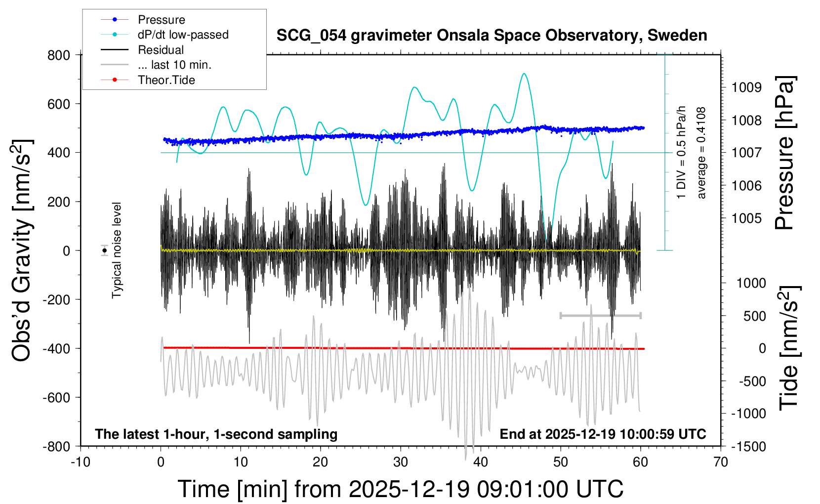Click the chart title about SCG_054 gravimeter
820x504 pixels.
click(x=492, y=36)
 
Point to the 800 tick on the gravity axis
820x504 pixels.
click(x=59, y=55)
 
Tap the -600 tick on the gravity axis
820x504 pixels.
click(x=56, y=397)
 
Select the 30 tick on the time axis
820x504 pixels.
click(x=401, y=462)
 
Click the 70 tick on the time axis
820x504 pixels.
click(x=721, y=462)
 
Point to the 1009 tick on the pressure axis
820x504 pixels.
click(x=746, y=87)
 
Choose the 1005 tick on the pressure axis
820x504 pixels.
click(x=746, y=218)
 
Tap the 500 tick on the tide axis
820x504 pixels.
click(x=754, y=316)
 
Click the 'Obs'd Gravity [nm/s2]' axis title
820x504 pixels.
click(x=22, y=250)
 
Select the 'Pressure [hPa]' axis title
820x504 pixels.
click(x=784, y=153)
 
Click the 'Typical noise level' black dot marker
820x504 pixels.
click(x=105, y=251)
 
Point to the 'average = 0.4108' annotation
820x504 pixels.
click(x=701, y=153)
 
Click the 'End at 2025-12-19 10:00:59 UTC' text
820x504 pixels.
click(x=603, y=434)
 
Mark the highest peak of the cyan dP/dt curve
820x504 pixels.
click(x=524, y=74)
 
